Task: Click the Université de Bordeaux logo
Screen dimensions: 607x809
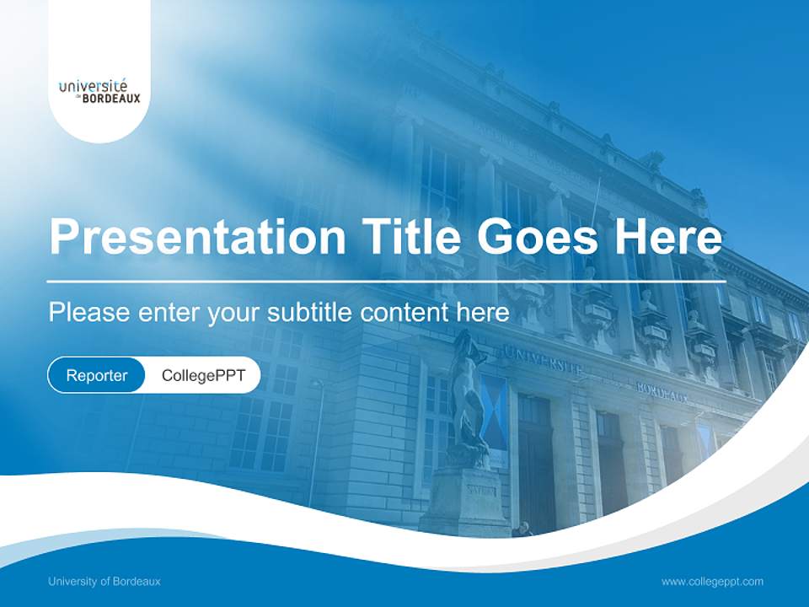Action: coord(99,91)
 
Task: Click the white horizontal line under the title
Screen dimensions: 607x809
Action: coord(384,281)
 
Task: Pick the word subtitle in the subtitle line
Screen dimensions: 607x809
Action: coord(310,313)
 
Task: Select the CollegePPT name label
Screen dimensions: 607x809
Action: coord(203,375)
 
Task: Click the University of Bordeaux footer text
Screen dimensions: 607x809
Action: coord(104,581)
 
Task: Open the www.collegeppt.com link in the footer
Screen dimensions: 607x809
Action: coord(712,581)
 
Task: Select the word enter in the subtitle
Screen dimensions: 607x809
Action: coord(169,313)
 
